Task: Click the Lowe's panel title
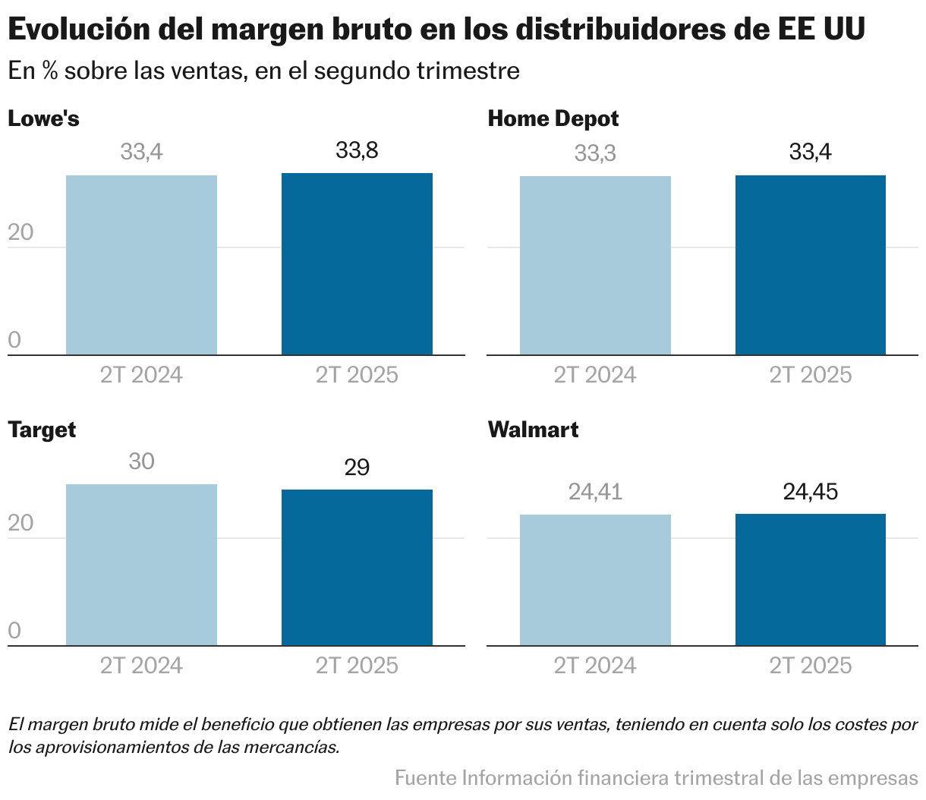(x=43, y=119)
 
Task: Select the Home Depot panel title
(x=553, y=119)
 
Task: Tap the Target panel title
(x=42, y=430)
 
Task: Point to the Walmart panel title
(x=533, y=430)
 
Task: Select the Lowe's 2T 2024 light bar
(x=141, y=266)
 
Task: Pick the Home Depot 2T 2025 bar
(x=810, y=266)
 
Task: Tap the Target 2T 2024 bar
(x=141, y=565)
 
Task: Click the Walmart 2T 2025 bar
(x=810, y=580)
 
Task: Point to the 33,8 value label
(x=357, y=151)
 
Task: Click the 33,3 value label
(x=595, y=154)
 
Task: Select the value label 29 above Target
(x=357, y=468)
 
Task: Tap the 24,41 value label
(x=595, y=493)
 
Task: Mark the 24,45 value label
(x=810, y=493)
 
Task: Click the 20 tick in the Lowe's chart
(x=20, y=232)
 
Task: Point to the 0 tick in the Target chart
(x=14, y=631)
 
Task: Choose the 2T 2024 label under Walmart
(x=595, y=666)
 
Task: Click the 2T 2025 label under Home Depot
(x=810, y=375)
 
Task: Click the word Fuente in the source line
(x=425, y=778)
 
